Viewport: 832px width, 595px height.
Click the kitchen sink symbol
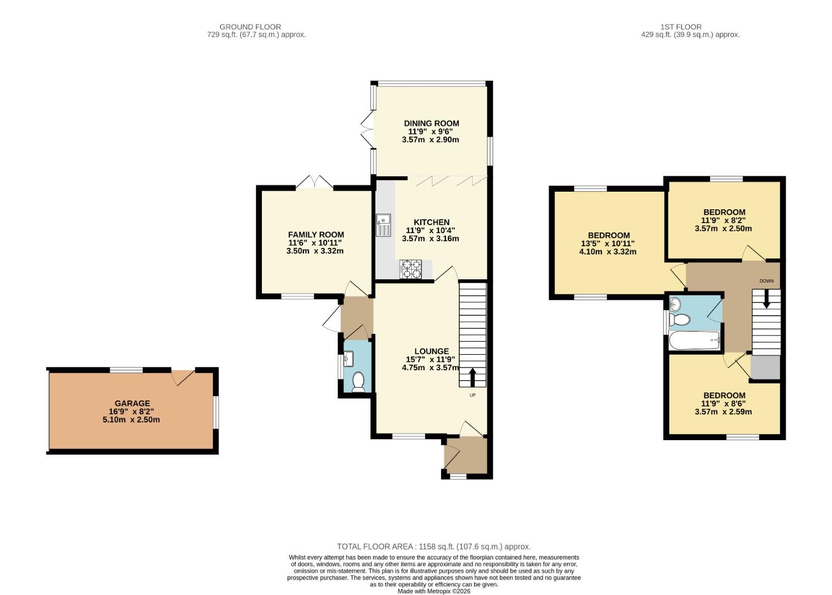(383, 225)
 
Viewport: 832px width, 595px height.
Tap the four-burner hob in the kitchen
(410, 269)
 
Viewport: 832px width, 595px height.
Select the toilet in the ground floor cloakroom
(358, 381)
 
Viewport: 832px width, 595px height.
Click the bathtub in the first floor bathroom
(694, 340)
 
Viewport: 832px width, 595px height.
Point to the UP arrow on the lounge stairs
(473, 378)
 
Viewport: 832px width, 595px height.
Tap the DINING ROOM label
(431, 123)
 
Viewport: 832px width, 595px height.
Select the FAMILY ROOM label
(315, 235)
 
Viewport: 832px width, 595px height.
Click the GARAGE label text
(132, 403)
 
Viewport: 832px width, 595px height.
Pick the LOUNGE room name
(431, 351)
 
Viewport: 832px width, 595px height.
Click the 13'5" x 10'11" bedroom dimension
(608, 244)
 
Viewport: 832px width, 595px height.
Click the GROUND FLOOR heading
(250, 26)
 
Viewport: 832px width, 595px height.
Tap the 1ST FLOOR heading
(680, 26)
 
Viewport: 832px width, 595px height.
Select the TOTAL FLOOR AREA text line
(433, 547)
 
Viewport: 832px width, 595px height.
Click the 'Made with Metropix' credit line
(434, 591)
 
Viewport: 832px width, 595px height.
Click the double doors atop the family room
(315, 182)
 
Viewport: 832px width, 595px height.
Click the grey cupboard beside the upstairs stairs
(766, 367)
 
